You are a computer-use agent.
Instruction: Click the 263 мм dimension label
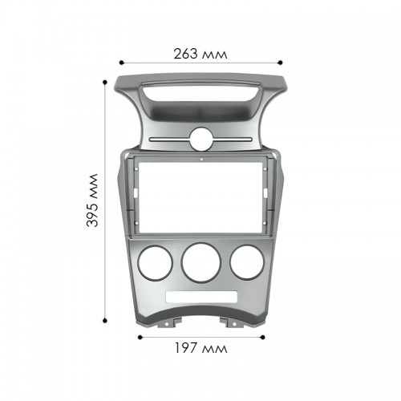coord(200,54)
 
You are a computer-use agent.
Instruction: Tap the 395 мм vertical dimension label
coord(92,200)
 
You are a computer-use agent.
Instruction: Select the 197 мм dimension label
coord(201,348)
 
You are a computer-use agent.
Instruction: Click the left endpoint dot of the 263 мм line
coord(122,63)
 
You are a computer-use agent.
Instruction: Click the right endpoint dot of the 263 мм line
coord(280,63)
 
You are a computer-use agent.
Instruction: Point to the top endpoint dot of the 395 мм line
coord(105,83)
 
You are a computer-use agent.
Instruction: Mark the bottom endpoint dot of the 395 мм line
coord(105,320)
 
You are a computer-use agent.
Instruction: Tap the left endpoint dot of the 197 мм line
coord(140,337)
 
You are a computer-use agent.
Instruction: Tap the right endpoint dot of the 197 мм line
coord(262,337)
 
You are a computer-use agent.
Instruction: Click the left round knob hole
coord(155,263)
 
